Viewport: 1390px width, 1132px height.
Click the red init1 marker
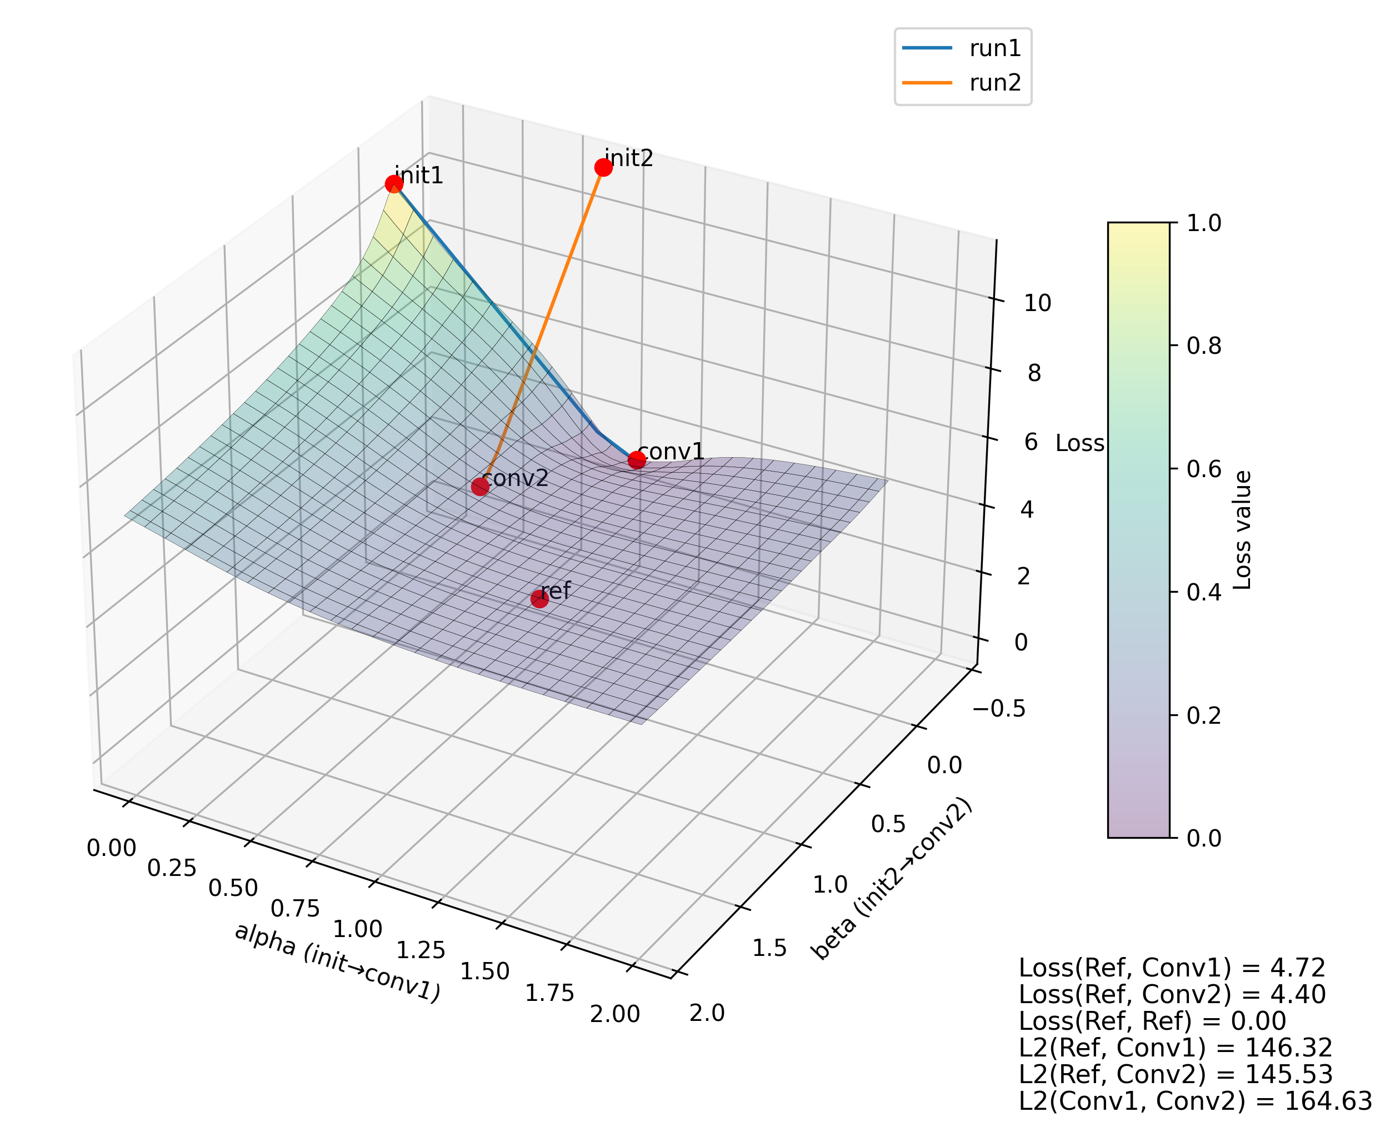393,184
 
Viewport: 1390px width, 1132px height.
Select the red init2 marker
603,168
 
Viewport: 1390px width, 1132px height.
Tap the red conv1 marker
637,460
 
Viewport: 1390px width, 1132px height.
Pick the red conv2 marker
480,487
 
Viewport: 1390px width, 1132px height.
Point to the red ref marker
539,599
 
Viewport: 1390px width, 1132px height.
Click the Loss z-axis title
1079,443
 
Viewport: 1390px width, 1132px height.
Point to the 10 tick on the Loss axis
1037,303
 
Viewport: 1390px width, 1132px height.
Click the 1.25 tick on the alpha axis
421,951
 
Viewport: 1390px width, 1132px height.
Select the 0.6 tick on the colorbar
1203,469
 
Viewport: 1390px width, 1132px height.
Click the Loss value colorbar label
1243,530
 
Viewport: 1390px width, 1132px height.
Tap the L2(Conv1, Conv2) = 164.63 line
1195,1101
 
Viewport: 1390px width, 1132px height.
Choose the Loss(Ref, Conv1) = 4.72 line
1172,968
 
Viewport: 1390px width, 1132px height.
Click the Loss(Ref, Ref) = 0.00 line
1152,1021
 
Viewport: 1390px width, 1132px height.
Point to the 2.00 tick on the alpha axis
614,1015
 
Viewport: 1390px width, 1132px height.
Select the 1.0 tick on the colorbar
1203,223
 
